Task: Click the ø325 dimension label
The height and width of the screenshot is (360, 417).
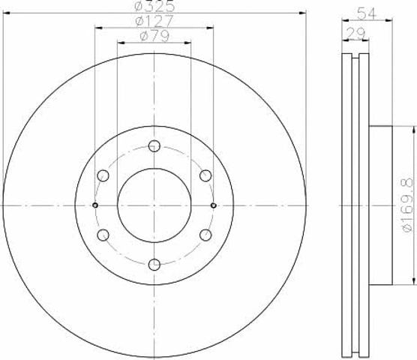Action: click(154, 6)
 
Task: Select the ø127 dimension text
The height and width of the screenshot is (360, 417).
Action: click(154, 21)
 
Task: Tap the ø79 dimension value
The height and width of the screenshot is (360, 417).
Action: click(154, 36)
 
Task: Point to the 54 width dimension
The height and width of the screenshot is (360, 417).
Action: click(367, 13)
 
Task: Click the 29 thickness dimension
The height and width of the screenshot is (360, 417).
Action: click(355, 34)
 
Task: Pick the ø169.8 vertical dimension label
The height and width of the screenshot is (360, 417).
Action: click(408, 205)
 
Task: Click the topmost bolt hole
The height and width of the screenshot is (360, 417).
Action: click(154, 146)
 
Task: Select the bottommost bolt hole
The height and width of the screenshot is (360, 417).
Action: click(154, 265)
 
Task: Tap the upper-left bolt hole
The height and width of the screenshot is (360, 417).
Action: click(103, 175)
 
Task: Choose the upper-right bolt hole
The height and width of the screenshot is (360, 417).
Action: click(205, 175)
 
